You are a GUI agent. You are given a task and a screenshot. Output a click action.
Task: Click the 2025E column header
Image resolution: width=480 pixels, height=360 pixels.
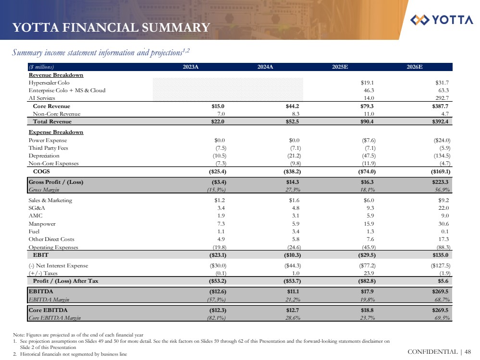[x=340, y=67]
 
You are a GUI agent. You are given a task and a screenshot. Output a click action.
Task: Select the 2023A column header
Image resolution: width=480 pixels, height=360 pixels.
[x=191, y=67]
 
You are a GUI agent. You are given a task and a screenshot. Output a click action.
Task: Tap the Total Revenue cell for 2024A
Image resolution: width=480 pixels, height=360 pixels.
[x=293, y=122]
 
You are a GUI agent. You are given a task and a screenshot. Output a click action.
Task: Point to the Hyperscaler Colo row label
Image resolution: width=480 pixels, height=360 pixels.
[x=49, y=83]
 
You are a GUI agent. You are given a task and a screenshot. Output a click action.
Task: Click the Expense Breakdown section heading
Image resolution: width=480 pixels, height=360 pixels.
[x=56, y=132]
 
